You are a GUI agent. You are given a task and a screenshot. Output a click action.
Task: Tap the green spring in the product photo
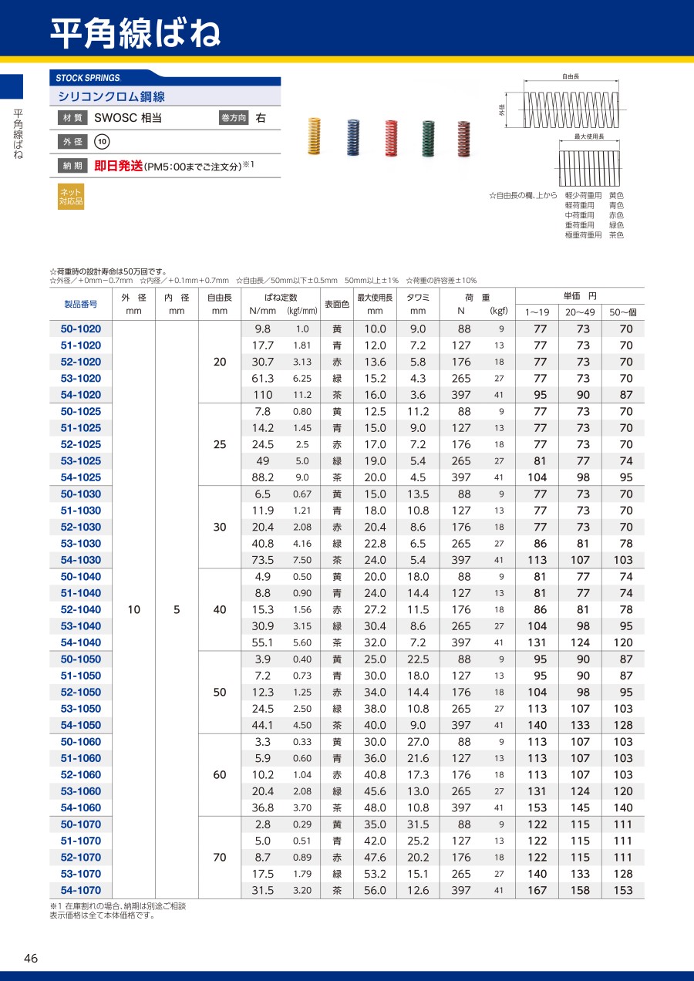tap(428, 139)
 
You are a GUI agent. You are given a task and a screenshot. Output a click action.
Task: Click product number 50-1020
tap(81, 329)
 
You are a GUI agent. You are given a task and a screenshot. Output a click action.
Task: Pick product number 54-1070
tap(81, 891)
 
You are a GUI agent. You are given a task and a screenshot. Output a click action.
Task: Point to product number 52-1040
tap(81, 610)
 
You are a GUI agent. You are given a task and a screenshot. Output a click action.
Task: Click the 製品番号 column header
tap(81, 304)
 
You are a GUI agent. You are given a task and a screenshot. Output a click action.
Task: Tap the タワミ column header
tap(418, 298)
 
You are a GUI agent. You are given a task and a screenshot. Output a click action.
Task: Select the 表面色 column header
tap(336, 304)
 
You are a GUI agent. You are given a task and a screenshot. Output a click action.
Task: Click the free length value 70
tap(220, 858)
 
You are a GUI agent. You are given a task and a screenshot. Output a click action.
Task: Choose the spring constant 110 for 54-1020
tap(264, 396)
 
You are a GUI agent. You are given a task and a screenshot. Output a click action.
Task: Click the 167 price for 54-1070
tap(540, 891)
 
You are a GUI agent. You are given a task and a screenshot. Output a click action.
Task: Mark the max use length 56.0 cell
tap(375, 891)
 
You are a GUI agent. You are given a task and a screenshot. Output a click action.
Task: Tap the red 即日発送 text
tap(119, 166)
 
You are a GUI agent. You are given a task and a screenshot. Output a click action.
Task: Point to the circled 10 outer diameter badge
tap(102, 142)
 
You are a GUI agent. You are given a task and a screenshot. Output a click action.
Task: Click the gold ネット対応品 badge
tap(70, 197)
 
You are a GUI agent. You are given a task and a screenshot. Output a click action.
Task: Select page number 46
tap(31, 959)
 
